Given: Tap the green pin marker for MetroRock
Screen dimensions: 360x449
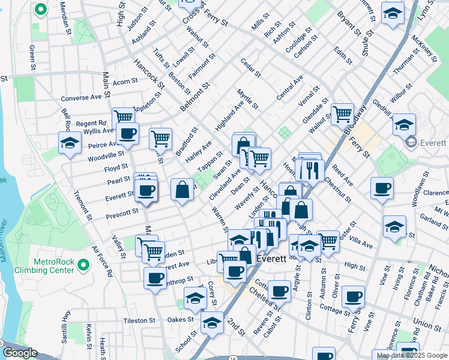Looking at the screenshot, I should (x=83, y=263).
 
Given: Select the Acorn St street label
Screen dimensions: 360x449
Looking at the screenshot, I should (x=125, y=82).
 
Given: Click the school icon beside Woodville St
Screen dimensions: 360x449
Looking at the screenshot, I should (x=70, y=143).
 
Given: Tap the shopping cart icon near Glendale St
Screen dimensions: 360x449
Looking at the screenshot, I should (x=342, y=113).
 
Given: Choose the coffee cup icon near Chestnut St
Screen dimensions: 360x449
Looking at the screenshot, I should (x=381, y=188).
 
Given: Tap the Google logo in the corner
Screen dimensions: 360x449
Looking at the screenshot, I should (x=20, y=353).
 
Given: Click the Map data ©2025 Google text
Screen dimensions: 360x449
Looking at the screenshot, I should (x=411, y=355).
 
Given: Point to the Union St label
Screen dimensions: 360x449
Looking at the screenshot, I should (x=427, y=325).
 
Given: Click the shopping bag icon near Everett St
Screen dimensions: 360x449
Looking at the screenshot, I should (x=182, y=190).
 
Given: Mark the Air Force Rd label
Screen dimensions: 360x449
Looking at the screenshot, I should (x=102, y=261).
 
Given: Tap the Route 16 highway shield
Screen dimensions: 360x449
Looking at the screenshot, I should (x=233, y=357).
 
